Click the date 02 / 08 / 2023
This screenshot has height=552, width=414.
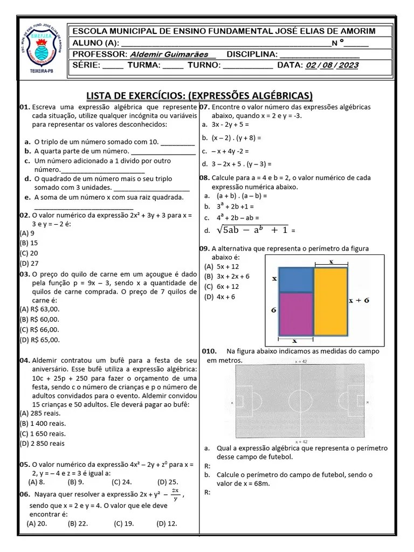(332, 65)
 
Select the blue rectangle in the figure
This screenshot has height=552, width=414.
(295, 279)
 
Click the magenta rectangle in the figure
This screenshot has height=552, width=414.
(295, 313)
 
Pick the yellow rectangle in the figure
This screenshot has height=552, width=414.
(330, 301)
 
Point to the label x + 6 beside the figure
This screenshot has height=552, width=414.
(358, 301)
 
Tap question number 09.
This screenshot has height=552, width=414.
(204, 249)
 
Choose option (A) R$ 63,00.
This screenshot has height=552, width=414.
(39, 309)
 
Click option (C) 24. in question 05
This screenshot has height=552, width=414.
(122, 482)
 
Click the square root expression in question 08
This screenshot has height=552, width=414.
(252, 230)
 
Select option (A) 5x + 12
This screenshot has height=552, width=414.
(221, 266)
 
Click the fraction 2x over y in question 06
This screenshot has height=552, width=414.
(175, 494)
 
